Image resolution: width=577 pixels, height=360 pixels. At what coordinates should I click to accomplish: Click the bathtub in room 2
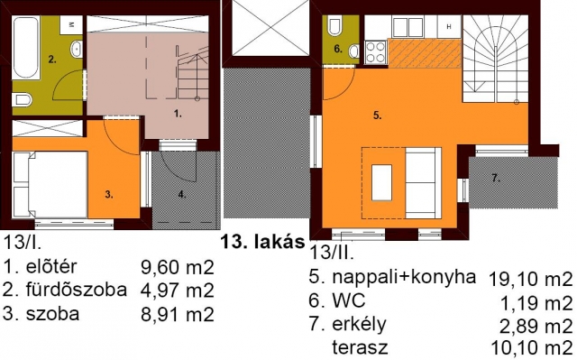click(26, 48)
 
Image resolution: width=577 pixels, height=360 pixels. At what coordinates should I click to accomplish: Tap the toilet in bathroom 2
click(22, 99)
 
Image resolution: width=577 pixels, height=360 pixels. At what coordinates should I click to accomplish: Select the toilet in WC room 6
click(334, 26)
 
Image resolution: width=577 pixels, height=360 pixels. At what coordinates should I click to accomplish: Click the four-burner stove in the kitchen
click(376, 51)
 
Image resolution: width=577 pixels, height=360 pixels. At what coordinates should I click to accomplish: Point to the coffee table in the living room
click(381, 182)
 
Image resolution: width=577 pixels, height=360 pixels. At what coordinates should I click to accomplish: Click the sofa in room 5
click(423, 182)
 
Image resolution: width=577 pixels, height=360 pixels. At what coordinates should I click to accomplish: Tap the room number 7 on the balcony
click(495, 178)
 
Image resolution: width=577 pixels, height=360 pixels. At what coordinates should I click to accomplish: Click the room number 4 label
click(182, 195)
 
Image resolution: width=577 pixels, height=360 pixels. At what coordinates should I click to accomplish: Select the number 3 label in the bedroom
click(109, 195)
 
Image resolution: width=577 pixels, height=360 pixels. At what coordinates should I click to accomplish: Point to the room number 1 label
click(178, 114)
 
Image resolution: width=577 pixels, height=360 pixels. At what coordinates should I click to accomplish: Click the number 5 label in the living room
click(377, 115)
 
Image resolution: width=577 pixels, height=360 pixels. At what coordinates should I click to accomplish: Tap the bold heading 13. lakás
click(262, 242)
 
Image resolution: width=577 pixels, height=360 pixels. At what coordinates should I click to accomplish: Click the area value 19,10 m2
click(531, 280)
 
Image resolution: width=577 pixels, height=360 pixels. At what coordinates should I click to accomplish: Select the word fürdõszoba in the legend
click(76, 290)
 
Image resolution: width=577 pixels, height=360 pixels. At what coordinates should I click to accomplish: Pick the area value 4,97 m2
click(178, 290)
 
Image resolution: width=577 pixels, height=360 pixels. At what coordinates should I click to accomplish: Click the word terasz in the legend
click(360, 346)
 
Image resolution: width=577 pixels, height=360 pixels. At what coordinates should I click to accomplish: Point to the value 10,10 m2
click(532, 348)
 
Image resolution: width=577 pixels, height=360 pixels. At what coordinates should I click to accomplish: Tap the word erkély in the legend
click(359, 325)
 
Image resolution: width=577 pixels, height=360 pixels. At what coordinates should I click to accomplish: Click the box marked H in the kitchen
click(449, 26)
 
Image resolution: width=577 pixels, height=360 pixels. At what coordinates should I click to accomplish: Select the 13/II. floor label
click(332, 254)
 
